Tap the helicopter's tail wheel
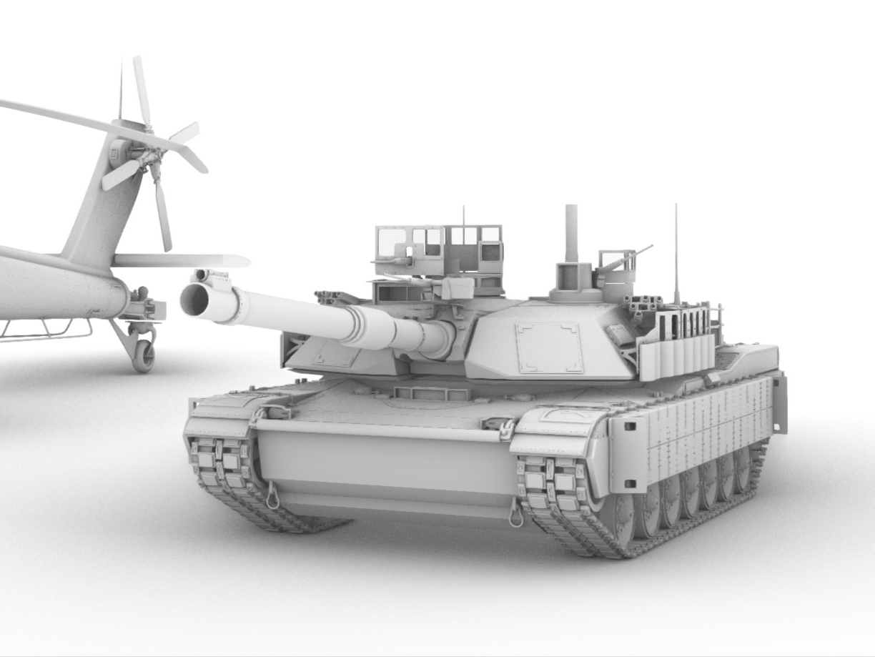click(x=143, y=355)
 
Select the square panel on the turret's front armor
click(x=549, y=347)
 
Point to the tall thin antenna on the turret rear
click(x=676, y=250)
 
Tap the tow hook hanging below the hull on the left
click(x=272, y=495)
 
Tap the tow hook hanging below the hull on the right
click(x=515, y=514)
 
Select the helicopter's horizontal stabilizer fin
click(x=179, y=260)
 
